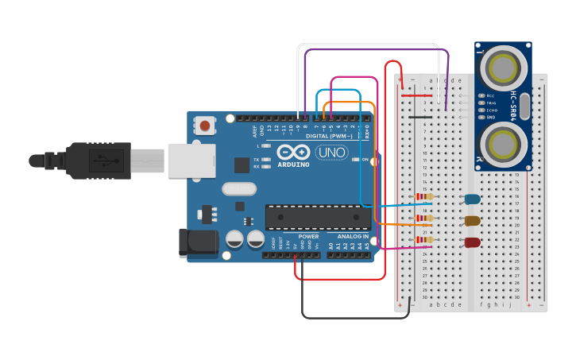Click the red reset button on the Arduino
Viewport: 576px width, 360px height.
(x=206, y=125)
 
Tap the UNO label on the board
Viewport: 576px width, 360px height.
(x=332, y=152)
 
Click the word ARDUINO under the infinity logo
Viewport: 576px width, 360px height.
(x=294, y=163)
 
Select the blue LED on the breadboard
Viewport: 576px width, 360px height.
(x=472, y=199)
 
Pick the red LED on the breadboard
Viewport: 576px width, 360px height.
(x=472, y=242)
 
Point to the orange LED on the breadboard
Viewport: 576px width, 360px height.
(x=472, y=221)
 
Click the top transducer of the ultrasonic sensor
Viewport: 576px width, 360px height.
(x=504, y=69)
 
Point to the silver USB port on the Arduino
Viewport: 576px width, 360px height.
(x=191, y=160)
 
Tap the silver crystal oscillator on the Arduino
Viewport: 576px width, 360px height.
(x=238, y=189)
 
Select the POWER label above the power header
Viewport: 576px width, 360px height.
(x=308, y=237)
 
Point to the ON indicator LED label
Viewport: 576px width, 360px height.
(x=365, y=160)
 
